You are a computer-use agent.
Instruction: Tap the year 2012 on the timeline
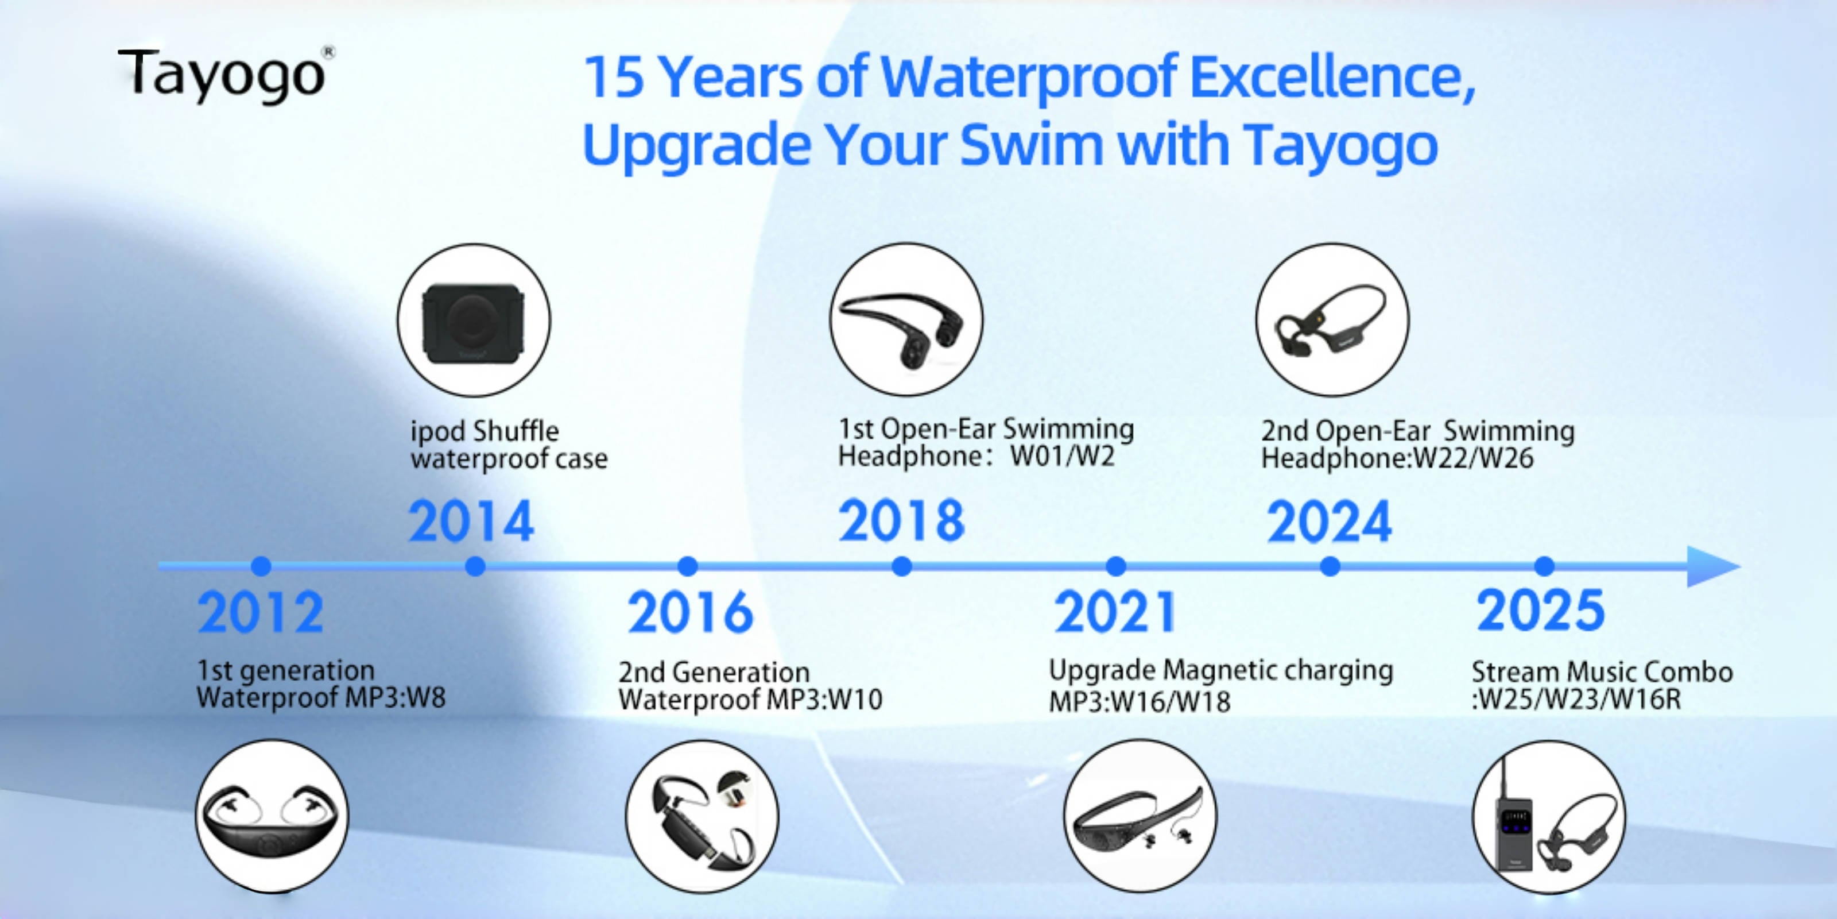point(260,612)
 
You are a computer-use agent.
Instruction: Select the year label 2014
point(471,522)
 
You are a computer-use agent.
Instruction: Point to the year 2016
point(689,612)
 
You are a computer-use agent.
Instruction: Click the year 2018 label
point(901,520)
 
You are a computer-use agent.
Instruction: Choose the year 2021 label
point(1115,612)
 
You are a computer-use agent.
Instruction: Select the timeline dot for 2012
point(261,566)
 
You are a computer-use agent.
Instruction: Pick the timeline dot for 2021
point(1116,566)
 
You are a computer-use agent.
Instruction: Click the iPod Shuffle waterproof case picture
point(474,321)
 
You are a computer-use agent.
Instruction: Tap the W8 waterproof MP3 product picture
point(272,816)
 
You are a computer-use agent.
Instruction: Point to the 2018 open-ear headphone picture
point(906,320)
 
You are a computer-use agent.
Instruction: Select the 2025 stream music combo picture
point(1549,817)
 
